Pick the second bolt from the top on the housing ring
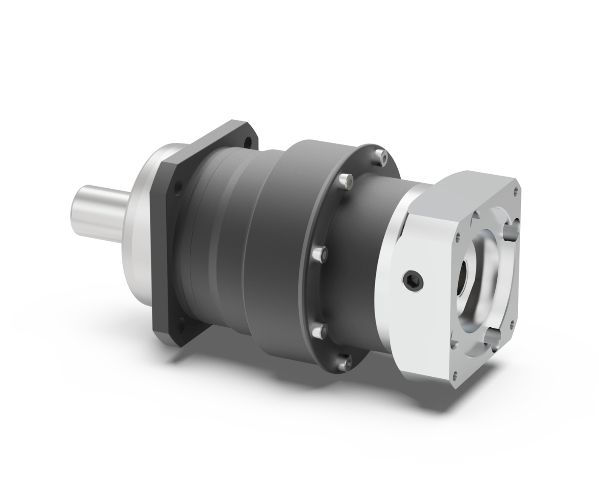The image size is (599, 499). click(345, 182)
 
